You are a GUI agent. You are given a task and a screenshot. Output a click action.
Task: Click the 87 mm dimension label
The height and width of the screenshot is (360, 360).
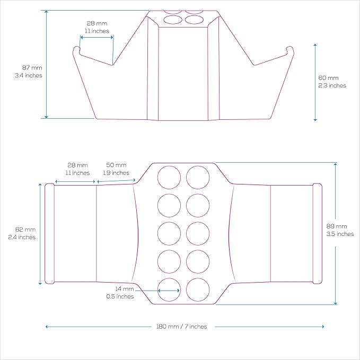coord(32,68)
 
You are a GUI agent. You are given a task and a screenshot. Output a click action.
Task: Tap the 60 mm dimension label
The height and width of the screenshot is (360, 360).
coord(328,78)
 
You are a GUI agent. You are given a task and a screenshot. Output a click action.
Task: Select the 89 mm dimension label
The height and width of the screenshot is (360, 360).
coord(337,226)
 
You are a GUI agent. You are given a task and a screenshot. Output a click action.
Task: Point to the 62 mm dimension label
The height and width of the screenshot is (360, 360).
coord(25,230)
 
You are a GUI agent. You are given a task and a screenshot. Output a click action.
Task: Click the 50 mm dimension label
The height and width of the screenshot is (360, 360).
coord(116,165)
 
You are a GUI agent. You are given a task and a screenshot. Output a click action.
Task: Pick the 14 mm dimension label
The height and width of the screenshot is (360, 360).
coord(125,289)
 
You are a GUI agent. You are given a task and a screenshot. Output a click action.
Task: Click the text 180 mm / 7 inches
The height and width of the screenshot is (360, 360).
coord(182,327)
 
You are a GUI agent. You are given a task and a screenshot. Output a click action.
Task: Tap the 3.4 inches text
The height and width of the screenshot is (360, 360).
coord(29,75)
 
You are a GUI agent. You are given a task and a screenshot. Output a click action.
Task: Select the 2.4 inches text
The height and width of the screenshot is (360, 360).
coord(22,237)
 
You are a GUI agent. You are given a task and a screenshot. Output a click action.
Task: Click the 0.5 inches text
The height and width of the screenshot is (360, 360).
coord(120,296)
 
